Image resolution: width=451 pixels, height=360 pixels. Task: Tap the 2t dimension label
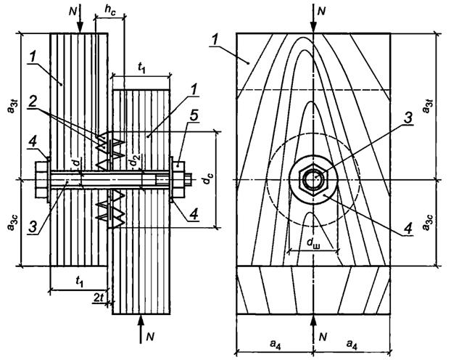(99, 299)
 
